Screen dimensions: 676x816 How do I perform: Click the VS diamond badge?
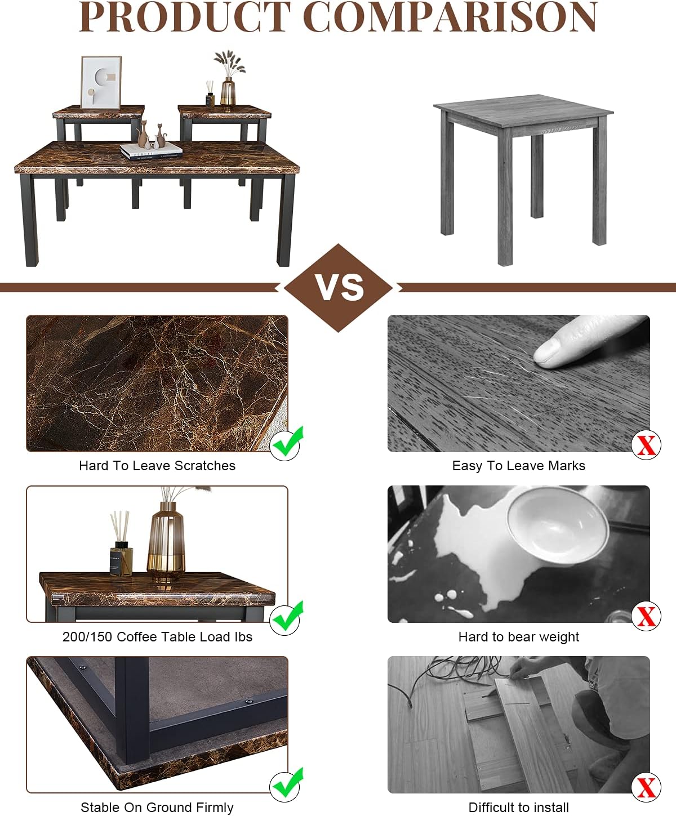pos(339,288)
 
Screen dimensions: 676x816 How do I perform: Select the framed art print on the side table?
pos(101,82)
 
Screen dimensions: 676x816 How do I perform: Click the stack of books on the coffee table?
pos(151,151)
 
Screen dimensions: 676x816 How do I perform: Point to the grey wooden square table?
pos(523,178)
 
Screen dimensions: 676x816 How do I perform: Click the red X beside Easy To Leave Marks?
pos(646,445)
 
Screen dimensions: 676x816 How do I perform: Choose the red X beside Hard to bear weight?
pos(646,616)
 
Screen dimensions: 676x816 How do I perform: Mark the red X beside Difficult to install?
pos(646,787)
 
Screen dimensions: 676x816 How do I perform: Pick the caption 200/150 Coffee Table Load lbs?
pos(157,637)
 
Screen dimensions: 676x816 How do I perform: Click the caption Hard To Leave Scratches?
pos(157,466)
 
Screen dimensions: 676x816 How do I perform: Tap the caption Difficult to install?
pos(518,808)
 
